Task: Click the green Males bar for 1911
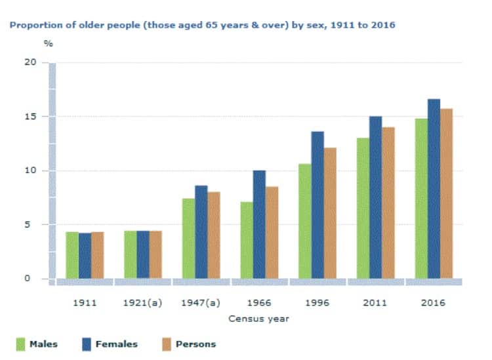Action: point(72,255)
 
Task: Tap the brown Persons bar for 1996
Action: point(330,213)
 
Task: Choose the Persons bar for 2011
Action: point(388,203)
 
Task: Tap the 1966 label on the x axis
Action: point(259,303)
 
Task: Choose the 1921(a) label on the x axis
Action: point(143,303)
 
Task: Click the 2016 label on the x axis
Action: point(434,303)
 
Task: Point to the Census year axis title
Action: point(258,319)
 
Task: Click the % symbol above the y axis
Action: point(48,44)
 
